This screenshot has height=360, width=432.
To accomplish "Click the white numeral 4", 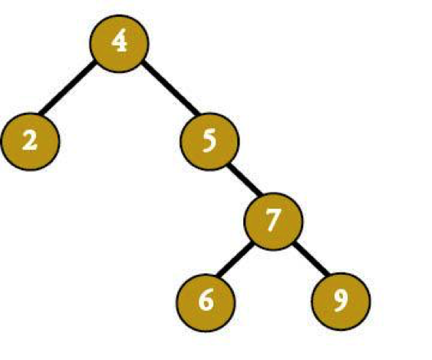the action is coord(119,43).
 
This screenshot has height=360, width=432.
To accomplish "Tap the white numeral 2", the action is coord(30,140).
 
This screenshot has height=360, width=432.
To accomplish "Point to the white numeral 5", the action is coord(209,141).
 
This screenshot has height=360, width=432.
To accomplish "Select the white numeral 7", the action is coord(273,220).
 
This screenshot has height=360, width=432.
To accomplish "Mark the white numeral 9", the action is coord(341,301).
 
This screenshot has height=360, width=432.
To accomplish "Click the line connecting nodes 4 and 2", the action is coord(67,88).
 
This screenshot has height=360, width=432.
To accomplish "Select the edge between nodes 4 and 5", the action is coord(170,88).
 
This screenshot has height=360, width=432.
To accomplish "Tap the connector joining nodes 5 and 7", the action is coord(245,180).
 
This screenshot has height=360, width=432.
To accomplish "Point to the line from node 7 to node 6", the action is coord(234,259).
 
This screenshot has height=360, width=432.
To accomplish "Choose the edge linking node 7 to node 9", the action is coord(311,259).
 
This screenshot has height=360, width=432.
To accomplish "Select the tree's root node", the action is coord(119,44).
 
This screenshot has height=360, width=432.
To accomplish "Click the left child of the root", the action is coord(30,142).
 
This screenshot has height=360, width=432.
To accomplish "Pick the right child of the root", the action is coord(209,142).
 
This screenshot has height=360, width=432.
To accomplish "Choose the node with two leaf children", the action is coord(274,221).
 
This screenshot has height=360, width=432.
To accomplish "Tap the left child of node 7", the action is coord(206,302).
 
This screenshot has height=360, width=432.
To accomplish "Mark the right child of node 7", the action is coord(341,302).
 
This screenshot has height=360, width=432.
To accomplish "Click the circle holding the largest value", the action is coord(341,302).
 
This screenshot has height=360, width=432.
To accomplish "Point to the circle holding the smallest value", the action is coord(30,142).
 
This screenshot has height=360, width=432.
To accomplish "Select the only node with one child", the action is coord(209,142).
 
